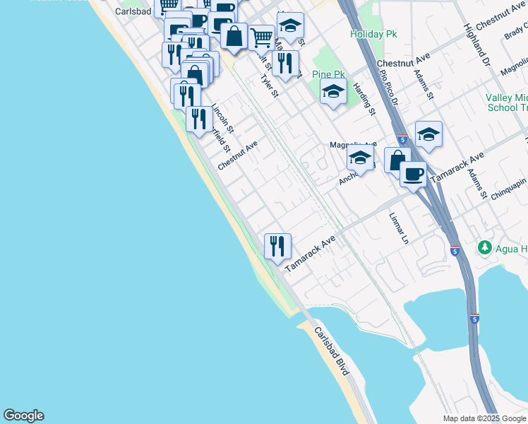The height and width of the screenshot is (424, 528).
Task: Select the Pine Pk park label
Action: coord(326,73)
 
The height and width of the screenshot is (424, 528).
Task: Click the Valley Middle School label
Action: coord(507,103)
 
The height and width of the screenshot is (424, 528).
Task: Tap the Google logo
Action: coord(23,416)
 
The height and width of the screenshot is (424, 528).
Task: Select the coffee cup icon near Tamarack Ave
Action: coord(413,173)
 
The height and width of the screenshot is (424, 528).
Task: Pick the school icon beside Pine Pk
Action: coord(333,91)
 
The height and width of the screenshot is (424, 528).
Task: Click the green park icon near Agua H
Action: coord(485,247)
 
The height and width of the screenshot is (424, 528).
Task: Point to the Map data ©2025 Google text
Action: coord(484,418)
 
